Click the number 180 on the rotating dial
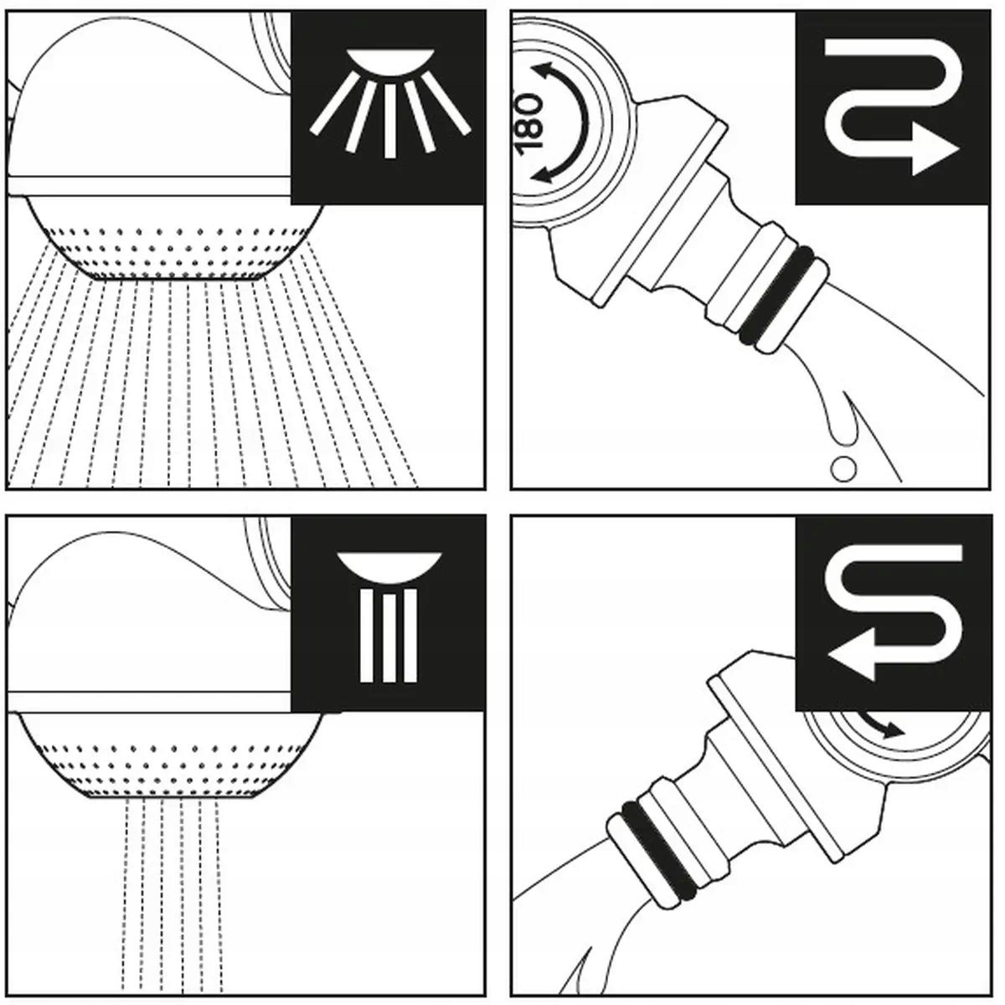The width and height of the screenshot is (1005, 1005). (530, 121)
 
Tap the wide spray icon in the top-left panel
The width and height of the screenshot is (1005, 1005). (389, 105)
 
